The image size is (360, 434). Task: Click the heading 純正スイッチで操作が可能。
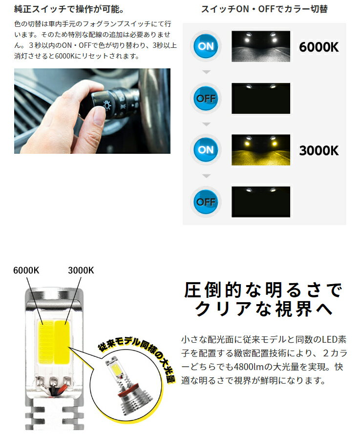[69, 9]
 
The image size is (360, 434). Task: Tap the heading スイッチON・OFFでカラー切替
[264, 9]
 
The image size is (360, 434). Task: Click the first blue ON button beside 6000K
[206, 46]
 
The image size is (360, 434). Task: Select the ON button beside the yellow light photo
[206, 150]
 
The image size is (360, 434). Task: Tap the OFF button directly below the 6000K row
[206, 98]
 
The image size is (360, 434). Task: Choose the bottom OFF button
[206, 202]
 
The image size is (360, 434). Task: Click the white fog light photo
[261, 46]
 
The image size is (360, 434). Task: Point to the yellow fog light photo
[261, 150]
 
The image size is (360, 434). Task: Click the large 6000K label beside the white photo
[319, 47]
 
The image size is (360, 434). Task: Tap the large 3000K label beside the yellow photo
[319, 151]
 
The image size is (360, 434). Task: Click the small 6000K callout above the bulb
[26, 270]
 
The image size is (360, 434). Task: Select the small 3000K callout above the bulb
[81, 270]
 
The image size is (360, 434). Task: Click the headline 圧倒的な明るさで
[263, 290]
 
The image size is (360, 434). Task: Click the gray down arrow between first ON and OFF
[206, 72]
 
